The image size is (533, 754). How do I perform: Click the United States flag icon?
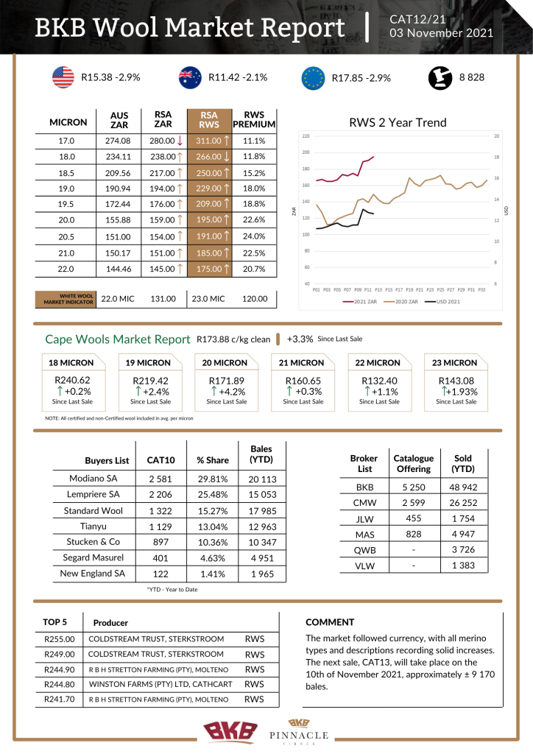63,77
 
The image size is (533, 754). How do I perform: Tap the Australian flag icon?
190,77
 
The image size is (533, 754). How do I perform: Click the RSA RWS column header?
209,120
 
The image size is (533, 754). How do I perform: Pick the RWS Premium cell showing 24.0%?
253,236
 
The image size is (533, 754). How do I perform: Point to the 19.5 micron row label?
66,204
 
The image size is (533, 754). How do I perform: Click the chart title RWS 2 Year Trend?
398,123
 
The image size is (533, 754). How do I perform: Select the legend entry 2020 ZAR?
407,301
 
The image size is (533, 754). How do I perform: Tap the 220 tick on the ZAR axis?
306,136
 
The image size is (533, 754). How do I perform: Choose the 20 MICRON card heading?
225,362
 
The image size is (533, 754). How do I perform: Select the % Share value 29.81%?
213,479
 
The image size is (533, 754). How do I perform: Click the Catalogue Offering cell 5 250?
413,487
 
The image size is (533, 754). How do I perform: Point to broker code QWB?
365,549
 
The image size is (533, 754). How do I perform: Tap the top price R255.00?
59,639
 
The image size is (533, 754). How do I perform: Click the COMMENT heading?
330,622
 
